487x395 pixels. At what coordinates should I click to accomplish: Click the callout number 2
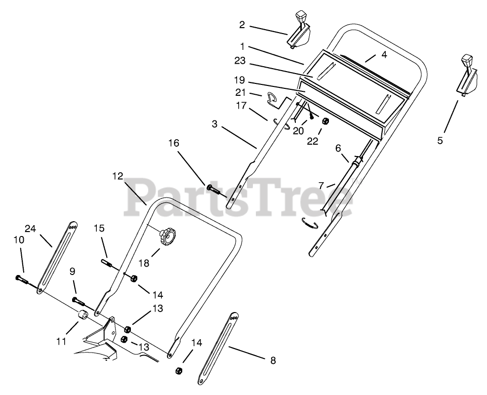tap(242, 24)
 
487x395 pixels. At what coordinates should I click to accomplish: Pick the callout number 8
tap(273, 360)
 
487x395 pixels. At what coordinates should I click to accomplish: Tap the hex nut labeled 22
tap(325, 121)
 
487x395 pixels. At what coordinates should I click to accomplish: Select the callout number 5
tap(440, 140)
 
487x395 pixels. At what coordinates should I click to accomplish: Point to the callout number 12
tap(118, 176)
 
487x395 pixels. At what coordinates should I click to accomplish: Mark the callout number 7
tap(321, 186)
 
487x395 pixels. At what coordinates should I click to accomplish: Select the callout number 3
tap(214, 124)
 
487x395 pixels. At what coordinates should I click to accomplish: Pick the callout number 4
tap(384, 55)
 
